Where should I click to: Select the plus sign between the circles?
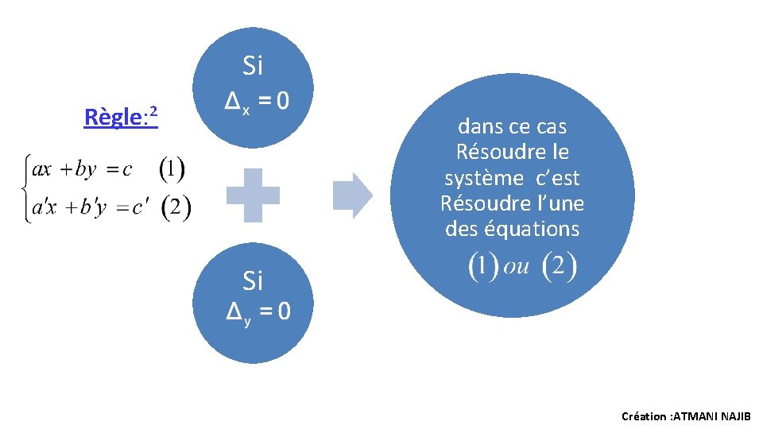tap(253, 195)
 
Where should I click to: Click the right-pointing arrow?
tap(351, 195)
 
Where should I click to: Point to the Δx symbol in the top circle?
tap(235, 102)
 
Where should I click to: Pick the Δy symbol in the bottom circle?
tap(236, 312)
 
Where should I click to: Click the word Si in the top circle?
tap(253, 67)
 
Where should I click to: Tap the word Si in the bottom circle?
tap(253, 280)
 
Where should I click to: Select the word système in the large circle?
tap(479, 177)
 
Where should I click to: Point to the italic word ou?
tap(517, 266)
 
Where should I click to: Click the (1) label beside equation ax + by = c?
tap(172, 168)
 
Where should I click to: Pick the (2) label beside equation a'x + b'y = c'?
tap(176, 208)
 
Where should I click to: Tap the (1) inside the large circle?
tap(484, 266)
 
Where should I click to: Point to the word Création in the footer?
tap(644, 416)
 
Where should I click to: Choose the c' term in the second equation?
tap(141, 209)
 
